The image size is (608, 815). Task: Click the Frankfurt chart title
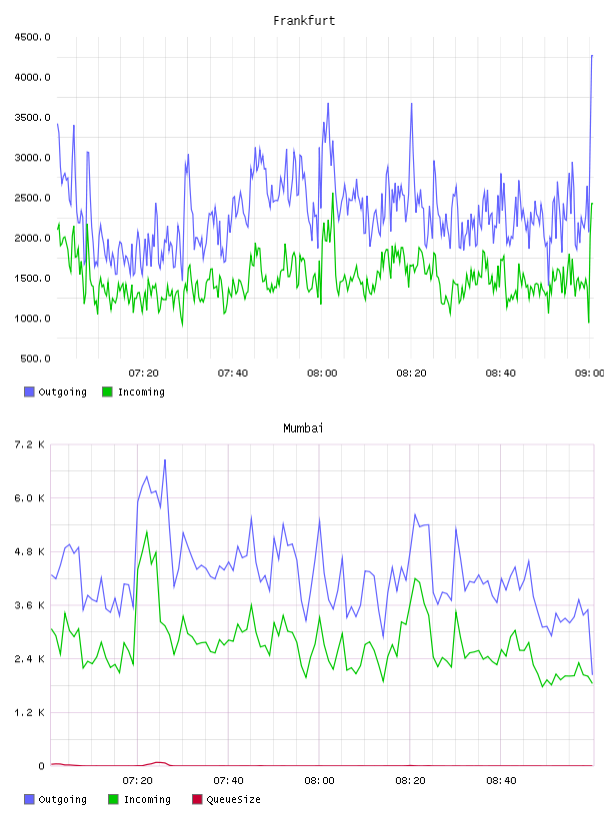[x=304, y=20]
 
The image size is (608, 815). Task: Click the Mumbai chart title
[x=303, y=427]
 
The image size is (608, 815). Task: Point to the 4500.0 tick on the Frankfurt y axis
[x=32, y=37]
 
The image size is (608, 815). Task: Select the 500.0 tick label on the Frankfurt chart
[x=35, y=359]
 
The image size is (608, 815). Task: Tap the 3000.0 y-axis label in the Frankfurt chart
[x=32, y=158]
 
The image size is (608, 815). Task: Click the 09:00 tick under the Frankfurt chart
[x=589, y=373]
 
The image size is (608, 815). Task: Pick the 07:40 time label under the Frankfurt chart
[x=233, y=373]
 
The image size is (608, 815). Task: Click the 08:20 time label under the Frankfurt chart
[x=411, y=373]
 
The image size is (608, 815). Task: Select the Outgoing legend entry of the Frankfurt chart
[x=55, y=392]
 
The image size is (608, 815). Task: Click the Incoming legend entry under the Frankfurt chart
[x=133, y=392]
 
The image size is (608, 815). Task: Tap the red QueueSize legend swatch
[x=197, y=799]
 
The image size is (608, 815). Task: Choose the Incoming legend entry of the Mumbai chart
[x=140, y=799]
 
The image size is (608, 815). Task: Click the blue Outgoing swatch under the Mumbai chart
[x=29, y=799]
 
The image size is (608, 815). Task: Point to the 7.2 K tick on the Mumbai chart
[x=29, y=444]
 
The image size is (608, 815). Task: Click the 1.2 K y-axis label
[x=29, y=712]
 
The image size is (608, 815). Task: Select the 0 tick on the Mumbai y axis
[x=42, y=766]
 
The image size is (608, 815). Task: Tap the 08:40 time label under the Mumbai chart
[x=501, y=780]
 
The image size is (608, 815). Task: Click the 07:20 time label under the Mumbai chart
[x=137, y=780]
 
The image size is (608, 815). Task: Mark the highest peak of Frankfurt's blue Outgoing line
[x=592, y=55]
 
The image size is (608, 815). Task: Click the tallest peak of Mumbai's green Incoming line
[x=147, y=531]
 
